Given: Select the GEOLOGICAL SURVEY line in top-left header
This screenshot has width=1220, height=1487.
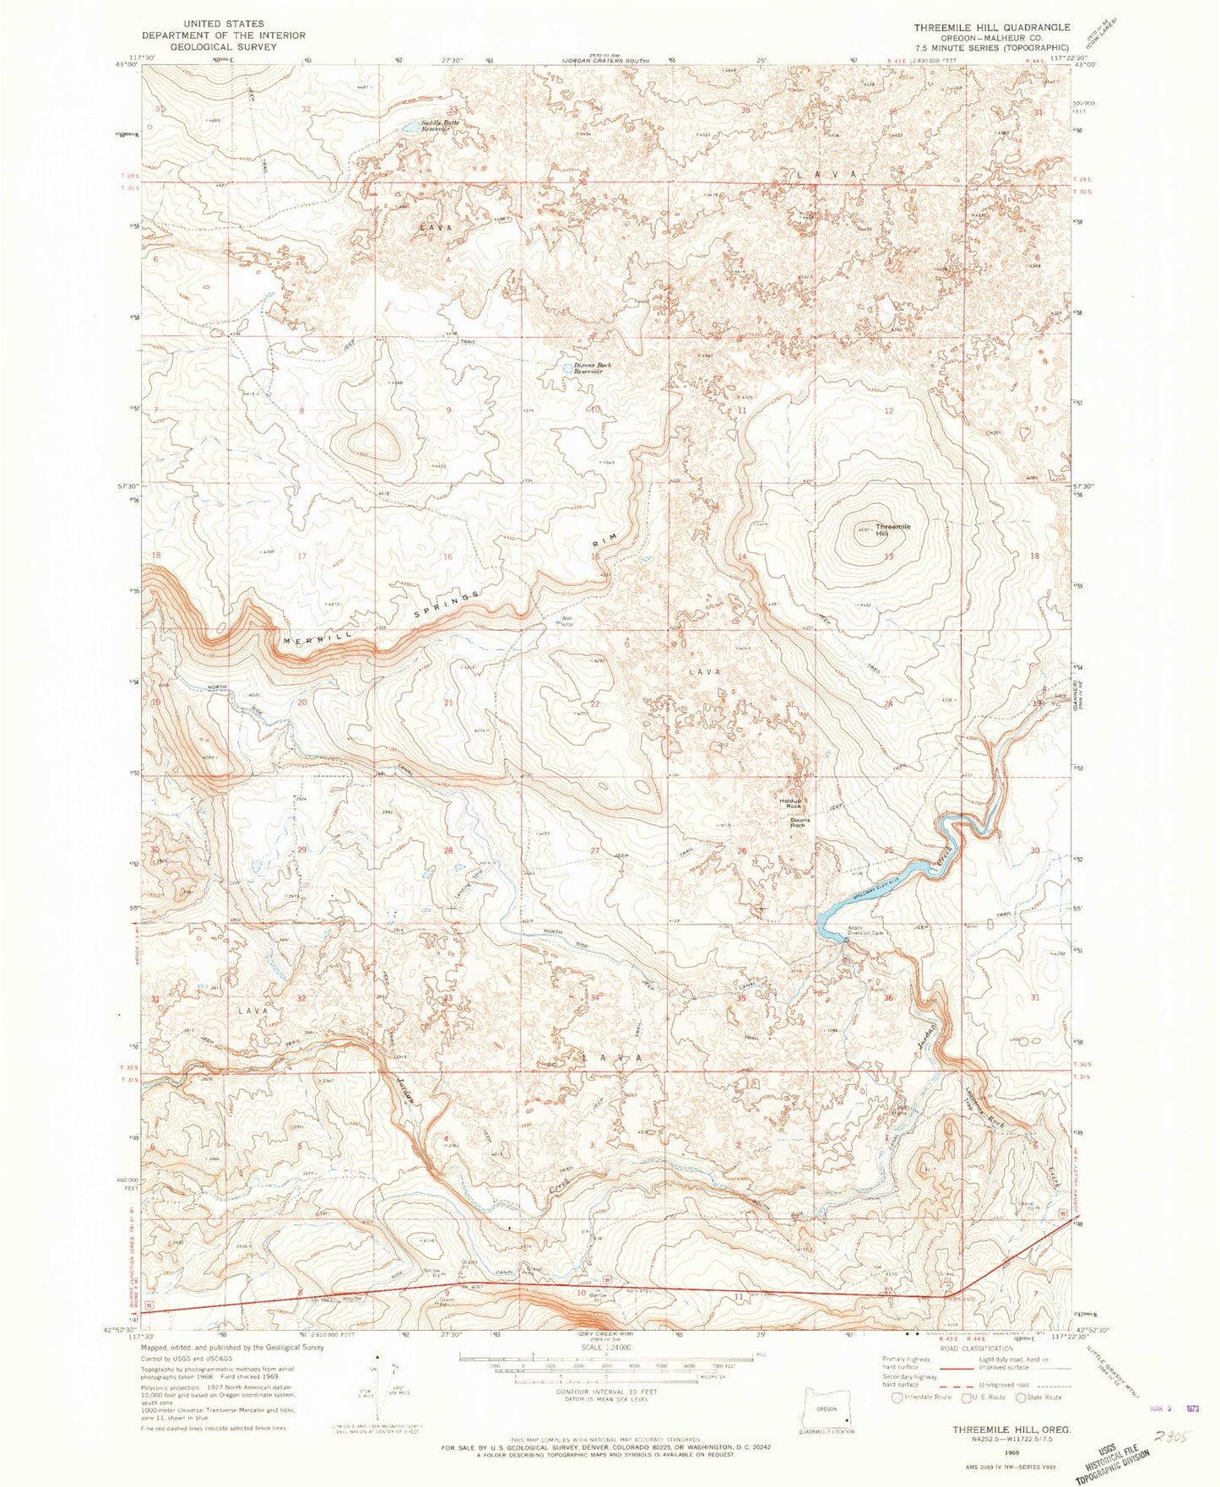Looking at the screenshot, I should pyautogui.click(x=223, y=47).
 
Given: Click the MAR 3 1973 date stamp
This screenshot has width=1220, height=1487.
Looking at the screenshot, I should pyautogui.click(x=1175, y=1408).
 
